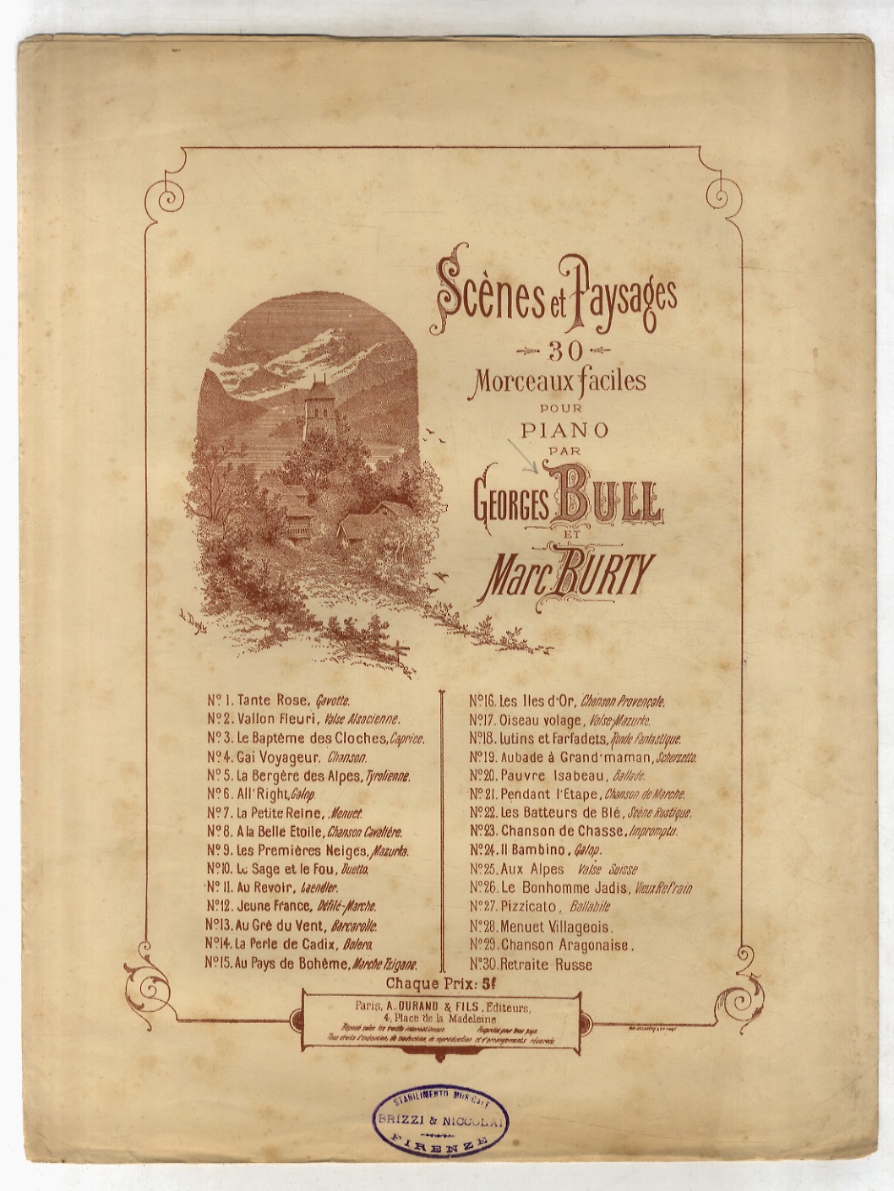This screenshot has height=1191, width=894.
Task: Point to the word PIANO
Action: tap(564, 428)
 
